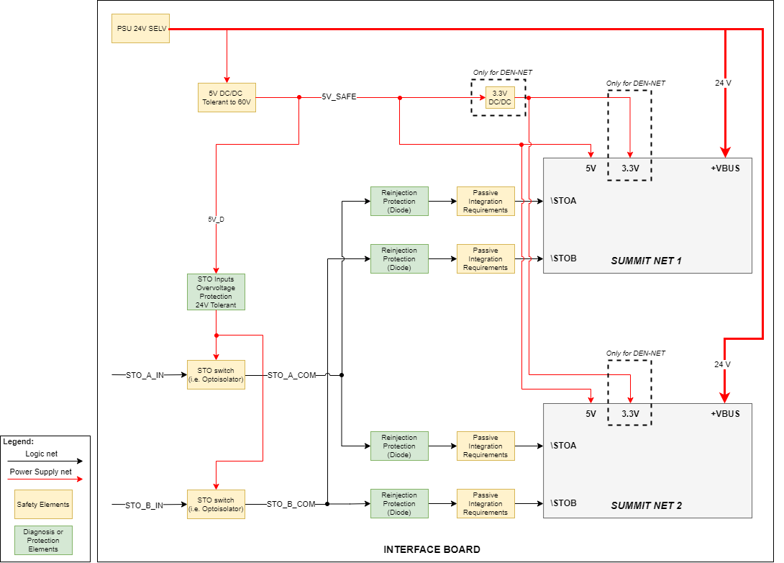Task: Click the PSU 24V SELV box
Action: point(140,28)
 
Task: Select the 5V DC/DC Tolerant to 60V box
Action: point(227,97)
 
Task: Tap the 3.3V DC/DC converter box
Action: point(500,97)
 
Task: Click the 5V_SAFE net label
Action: point(339,96)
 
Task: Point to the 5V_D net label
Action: point(216,219)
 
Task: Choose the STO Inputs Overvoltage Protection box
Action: point(216,292)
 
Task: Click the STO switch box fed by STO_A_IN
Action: point(216,374)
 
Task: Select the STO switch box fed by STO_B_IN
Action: point(216,504)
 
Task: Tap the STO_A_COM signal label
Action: point(291,375)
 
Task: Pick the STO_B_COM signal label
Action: point(291,504)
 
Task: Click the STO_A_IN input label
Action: point(145,375)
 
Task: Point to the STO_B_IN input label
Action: point(145,505)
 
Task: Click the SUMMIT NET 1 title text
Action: point(646,260)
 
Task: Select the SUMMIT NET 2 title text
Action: point(646,505)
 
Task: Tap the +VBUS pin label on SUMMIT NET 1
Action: point(725,168)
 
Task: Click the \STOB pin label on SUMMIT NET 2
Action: point(563,503)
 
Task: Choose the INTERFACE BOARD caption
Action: point(432,549)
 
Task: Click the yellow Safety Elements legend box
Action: point(43,505)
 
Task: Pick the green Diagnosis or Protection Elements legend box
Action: point(43,540)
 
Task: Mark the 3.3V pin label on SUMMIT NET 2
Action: point(630,414)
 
